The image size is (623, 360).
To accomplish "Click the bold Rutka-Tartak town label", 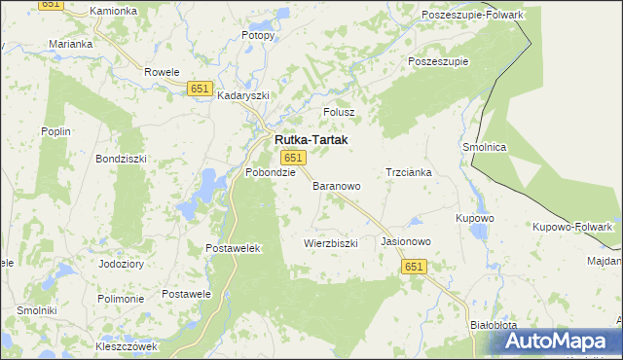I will pyautogui.click(x=309, y=140).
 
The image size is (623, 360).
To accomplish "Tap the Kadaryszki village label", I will pyautogui.click(x=242, y=96).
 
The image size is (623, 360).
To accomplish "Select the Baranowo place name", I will pyautogui.click(x=337, y=185).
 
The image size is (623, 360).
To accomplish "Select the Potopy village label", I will pyautogui.click(x=258, y=35).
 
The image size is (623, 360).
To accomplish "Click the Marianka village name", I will pyautogui.click(x=71, y=45).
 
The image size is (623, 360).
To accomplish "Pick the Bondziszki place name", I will pyautogui.click(x=120, y=158).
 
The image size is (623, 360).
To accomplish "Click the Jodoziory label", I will pyautogui.click(x=122, y=264).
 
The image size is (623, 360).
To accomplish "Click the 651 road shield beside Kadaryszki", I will pyautogui.click(x=200, y=89).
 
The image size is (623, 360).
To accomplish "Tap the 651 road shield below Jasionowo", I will pyautogui.click(x=415, y=267).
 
